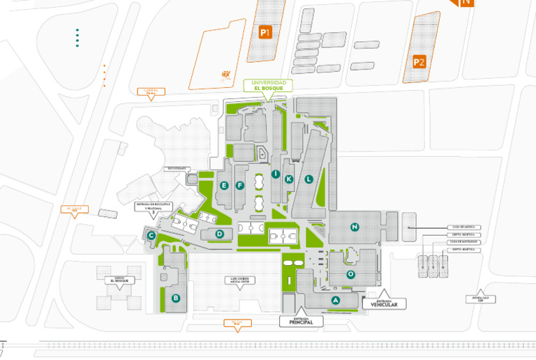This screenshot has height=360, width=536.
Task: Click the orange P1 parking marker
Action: click(265, 32)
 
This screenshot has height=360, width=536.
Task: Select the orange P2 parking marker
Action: click(419, 61)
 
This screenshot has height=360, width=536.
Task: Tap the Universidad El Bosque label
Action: click(269, 86)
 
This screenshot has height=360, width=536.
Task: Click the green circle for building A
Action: click(336, 300)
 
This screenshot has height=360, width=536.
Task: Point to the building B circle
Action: click(176, 299)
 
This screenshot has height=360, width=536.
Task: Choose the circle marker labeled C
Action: click(151, 236)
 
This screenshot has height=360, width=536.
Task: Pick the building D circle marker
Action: click(219, 234)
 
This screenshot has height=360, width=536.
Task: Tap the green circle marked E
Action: click(224, 185)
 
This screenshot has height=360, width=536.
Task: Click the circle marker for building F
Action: click(240, 185)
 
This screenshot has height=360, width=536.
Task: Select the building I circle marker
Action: click(276, 174)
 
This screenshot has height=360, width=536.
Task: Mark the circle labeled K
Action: click(289, 179)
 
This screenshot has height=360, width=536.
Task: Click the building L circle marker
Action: click(308, 179)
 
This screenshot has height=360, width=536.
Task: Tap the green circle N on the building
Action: click(355, 227)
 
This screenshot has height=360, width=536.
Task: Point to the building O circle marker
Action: click(351, 274)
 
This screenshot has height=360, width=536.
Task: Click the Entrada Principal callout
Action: click(301, 321)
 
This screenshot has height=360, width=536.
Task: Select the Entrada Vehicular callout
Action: click(384, 302)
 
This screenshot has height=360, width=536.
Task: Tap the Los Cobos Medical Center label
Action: click(239, 280)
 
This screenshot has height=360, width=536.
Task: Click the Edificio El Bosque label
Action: click(117, 280)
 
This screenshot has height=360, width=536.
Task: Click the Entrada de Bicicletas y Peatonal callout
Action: click(153, 207)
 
